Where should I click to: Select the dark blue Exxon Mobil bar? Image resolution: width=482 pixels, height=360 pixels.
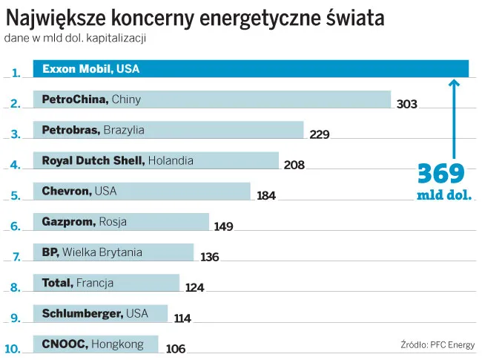(x=251, y=69)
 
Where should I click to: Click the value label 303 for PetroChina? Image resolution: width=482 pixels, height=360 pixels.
(x=407, y=104)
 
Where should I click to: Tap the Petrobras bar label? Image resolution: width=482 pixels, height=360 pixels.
(x=93, y=130)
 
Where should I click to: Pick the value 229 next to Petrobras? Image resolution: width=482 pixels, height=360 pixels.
(x=320, y=134)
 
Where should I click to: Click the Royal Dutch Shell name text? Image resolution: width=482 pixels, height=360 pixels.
(x=94, y=160)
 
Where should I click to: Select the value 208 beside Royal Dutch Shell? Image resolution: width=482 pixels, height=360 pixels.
(x=294, y=165)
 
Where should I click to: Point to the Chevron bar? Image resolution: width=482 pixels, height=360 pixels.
(x=142, y=192)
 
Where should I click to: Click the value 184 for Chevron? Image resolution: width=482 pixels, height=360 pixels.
(x=266, y=196)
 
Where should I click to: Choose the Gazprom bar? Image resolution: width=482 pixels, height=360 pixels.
(x=121, y=222)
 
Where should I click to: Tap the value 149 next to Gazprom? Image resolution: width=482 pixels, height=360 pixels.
(x=223, y=226)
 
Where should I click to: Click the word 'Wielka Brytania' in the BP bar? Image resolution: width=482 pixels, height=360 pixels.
(x=102, y=252)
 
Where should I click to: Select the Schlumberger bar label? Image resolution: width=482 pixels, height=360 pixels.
(x=96, y=313)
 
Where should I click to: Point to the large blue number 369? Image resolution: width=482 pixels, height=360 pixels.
(x=440, y=174)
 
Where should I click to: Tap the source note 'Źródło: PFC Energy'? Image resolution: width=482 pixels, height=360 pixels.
(x=438, y=344)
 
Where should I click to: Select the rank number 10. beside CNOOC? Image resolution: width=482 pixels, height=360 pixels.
(x=13, y=347)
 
